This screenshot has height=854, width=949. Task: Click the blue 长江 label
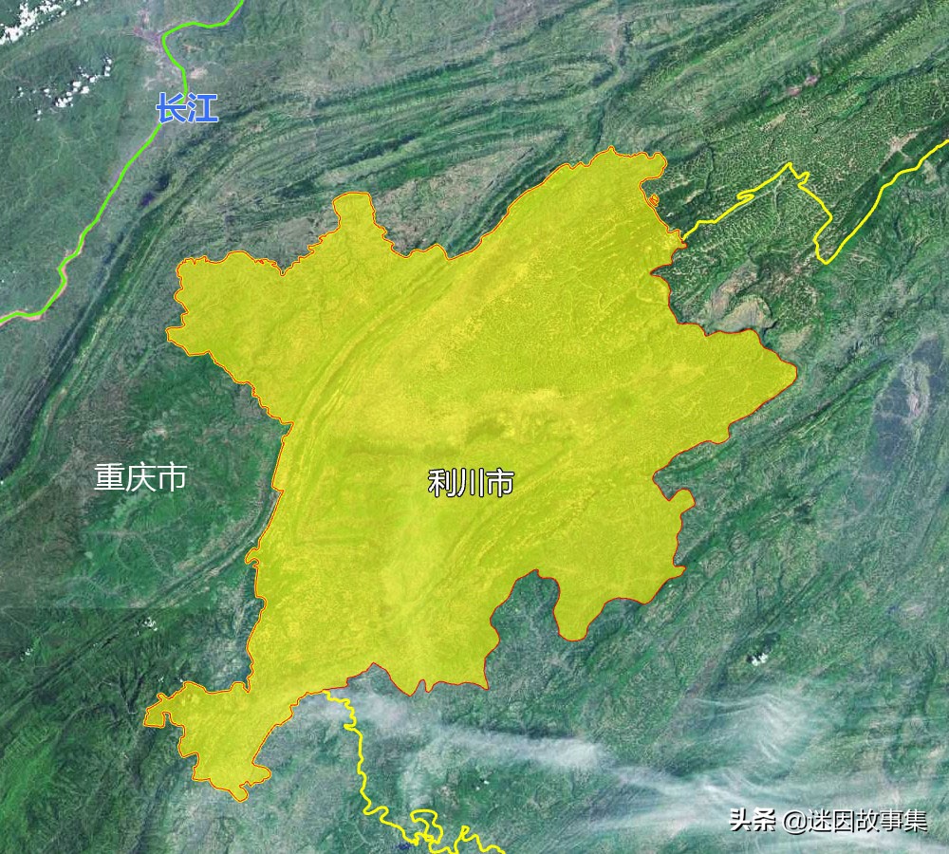(187, 109)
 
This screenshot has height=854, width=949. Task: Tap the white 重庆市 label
(140, 477)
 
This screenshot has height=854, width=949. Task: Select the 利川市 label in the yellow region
(471, 483)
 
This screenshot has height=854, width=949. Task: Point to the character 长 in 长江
(172, 109)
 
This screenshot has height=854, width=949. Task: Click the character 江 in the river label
(202, 109)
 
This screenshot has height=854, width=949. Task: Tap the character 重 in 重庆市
(109, 477)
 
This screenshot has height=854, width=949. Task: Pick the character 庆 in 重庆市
(140, 477)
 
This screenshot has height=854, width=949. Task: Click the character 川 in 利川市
(471, 483)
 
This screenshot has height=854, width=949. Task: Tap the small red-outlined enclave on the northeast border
(653, 199)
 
